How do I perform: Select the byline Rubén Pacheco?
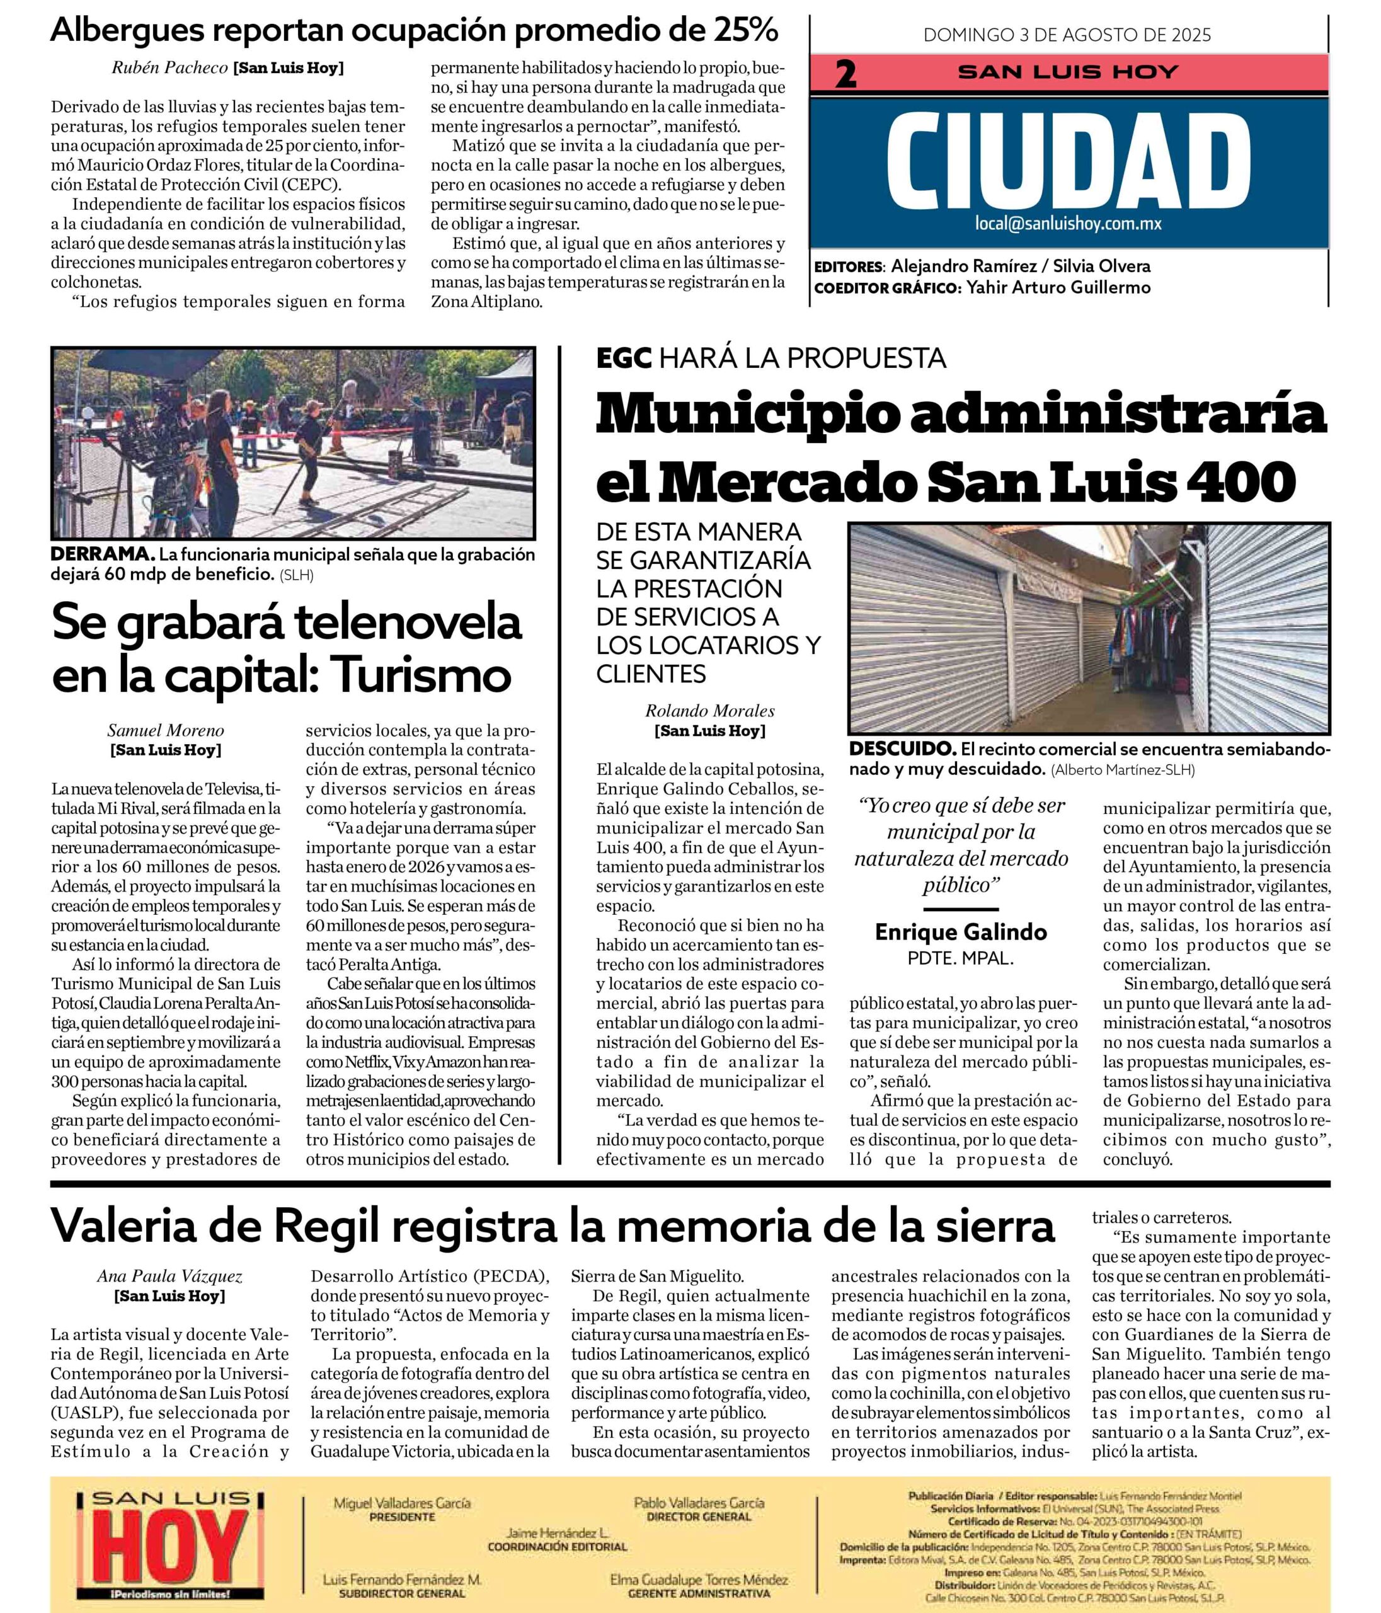point(169,67)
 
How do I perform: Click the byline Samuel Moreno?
point(166,730)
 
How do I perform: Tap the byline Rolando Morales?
point(709,710)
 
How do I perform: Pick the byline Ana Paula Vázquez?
point(169,1276)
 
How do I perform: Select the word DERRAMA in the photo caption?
point(101,554)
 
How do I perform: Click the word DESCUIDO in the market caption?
point(902,749)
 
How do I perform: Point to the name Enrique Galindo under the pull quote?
point(961,932)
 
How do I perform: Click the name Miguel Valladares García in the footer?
point(402,1503)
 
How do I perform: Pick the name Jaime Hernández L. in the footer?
point(558,1533)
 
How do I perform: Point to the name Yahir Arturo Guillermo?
point(1058,287)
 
